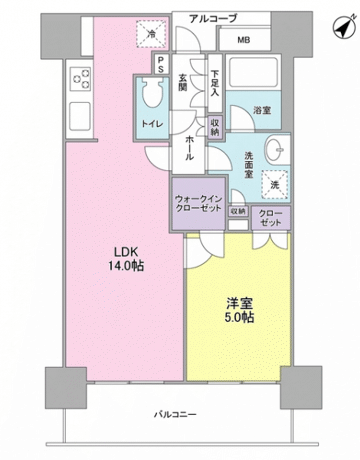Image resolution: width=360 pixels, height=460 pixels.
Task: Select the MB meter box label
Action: point(243,41)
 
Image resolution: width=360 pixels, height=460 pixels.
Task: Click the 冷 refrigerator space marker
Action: point(151,34)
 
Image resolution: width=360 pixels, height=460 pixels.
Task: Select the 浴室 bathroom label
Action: point(262,110)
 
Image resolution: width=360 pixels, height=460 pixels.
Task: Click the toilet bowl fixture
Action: point(152,97)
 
